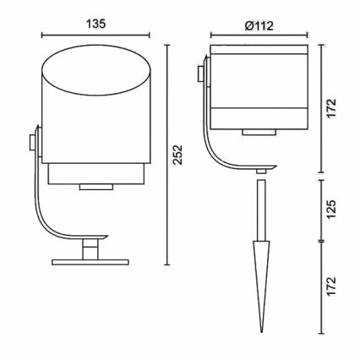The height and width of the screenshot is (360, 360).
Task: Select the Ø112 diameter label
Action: tap(255, 25)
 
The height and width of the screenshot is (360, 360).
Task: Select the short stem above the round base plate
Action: tap(88, 248)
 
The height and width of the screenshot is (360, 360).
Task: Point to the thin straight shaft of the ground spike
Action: tap(260, 210)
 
